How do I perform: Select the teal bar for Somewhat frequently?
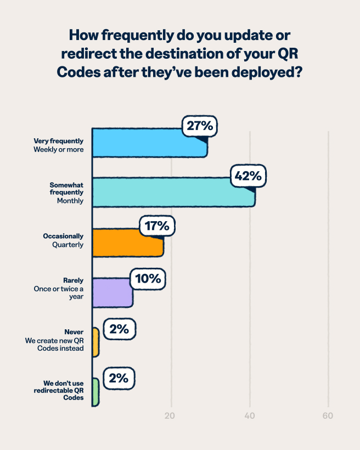pos(165,193)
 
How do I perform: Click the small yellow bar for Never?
pos(95,342)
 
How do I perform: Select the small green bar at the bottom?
pos(95,392)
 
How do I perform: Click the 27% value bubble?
pos(200,126)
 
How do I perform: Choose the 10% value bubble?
pos(148,279)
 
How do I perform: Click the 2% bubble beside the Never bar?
pos(119,329)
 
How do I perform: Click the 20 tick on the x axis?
pos(171,415)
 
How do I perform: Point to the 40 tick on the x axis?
pos(250,415)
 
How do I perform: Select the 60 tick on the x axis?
pos(328,415)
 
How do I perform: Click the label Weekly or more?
pos(59,149)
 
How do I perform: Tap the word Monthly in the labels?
pos(70,201)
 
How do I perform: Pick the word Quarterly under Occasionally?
pos(68,245)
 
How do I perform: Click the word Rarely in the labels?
pos(74,280)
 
